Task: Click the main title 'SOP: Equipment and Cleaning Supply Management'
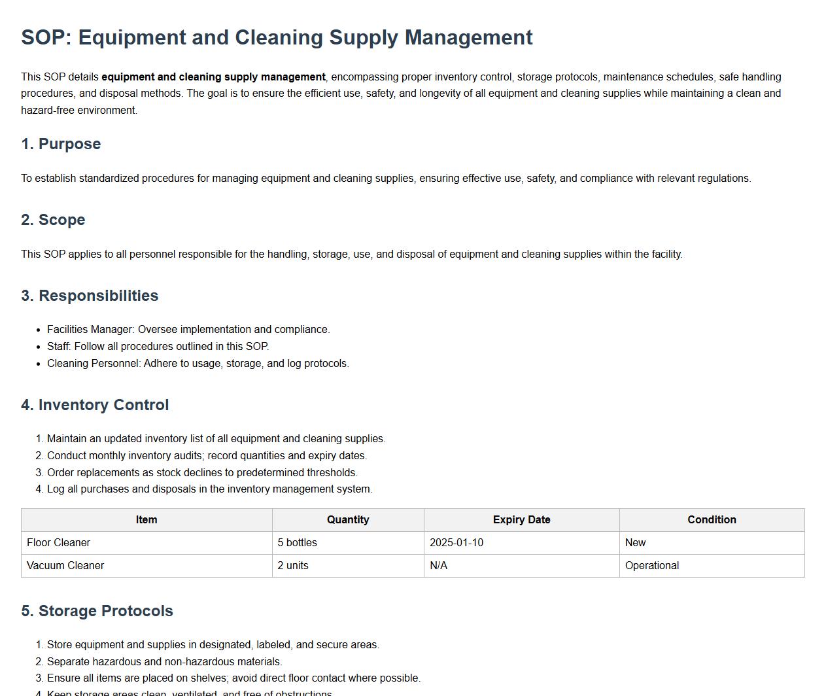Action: coord(277,37)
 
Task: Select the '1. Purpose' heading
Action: coord(61,144)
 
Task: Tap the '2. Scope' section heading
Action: coord(53,220)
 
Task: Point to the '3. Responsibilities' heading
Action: coord(90,296)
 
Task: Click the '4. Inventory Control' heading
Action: coord(95,405)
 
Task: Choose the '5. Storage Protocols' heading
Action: coord(97,611)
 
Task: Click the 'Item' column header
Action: coord(146,520)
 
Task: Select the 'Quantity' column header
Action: coord(348,520)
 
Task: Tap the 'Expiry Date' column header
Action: coord(521,520)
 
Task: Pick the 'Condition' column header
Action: coord(712,520)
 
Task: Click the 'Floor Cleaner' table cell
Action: coord(58,543)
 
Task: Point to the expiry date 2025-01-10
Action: coord(456,543)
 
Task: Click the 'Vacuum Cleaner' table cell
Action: coord(65,566)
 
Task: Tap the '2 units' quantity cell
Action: coord(293,566)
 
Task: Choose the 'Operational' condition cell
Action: coord(652,566)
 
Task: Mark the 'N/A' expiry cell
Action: coord(438,566)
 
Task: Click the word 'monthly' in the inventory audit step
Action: coord(107,456)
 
